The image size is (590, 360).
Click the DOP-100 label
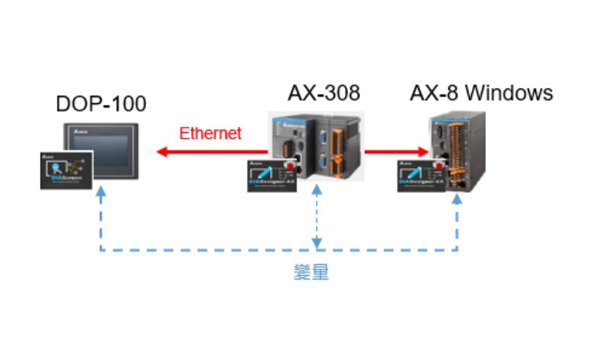tap(101, 104)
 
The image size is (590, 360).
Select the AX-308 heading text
tap(324, 94)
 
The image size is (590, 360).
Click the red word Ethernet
tap(210, 134)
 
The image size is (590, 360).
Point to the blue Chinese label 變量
tap(310, 272)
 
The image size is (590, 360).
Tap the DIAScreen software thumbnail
tap(66, 170)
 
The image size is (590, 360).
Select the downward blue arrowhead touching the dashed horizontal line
tap(317, 244)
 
